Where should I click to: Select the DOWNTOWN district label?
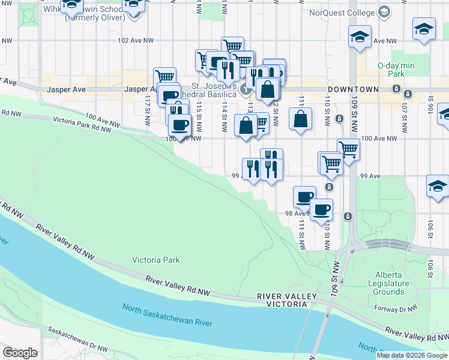point(353,89)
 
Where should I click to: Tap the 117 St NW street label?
point(147,107)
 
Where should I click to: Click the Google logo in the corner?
point(20,353)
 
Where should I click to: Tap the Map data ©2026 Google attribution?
point(412,355)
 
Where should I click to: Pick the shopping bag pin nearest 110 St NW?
point(300,118)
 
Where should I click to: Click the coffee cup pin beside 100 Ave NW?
point(179,125)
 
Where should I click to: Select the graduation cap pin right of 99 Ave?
point(438,187)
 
